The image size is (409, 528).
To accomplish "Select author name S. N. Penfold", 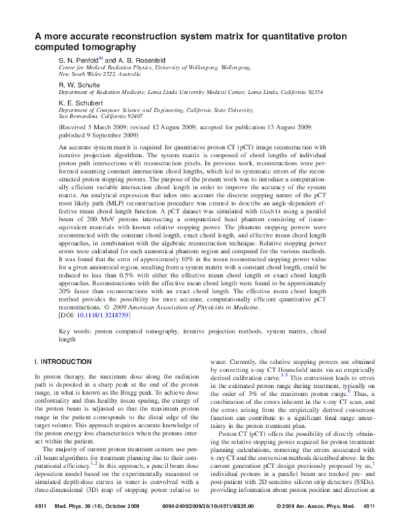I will click(78, 60).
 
